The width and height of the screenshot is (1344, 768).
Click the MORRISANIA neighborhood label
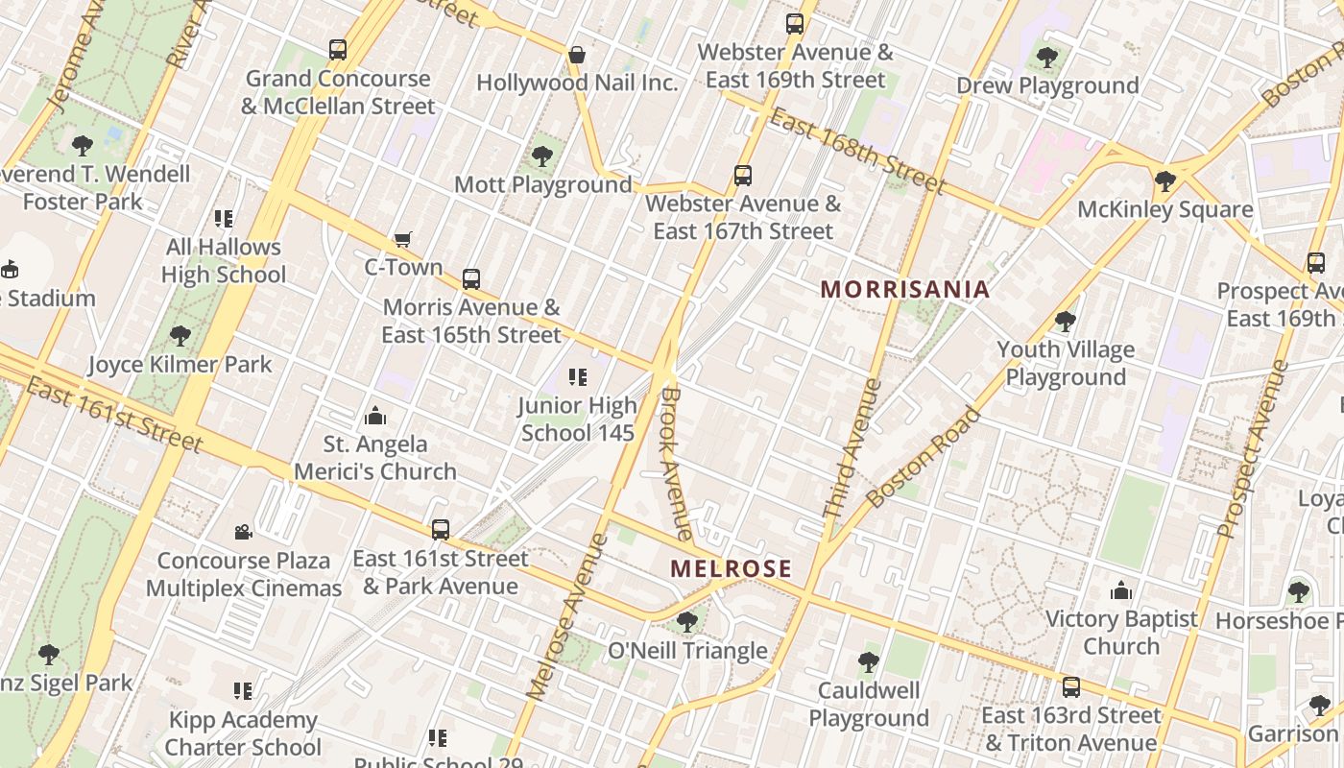point(904,289)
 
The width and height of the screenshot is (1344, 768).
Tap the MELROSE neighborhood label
point(732,568)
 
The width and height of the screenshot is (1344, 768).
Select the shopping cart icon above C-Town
point(403,239)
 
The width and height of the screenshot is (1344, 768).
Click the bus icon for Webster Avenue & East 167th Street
point(742,176)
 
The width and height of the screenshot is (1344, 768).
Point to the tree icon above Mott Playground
point(542,156)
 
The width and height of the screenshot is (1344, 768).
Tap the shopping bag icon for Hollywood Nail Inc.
point(577,55)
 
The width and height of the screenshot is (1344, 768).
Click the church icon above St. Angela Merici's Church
point(375,416)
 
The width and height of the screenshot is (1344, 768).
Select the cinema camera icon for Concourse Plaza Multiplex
point(243,532)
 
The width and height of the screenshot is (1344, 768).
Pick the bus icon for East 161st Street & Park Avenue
point(440,529)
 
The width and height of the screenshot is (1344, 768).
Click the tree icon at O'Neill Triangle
point(686,622)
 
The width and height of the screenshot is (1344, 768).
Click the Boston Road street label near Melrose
point(923,458)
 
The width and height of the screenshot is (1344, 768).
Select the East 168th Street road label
point(857,151)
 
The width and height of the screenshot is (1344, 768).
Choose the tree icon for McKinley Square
point(1164,180)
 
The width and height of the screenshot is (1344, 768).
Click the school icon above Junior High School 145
point(577,377)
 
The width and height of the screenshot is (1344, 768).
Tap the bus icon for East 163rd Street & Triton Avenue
point(1070,687)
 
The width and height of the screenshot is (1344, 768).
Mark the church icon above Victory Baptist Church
point(1120,590)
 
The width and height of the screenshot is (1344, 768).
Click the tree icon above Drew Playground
point(1047,58)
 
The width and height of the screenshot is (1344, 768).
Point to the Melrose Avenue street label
point(567,615)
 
